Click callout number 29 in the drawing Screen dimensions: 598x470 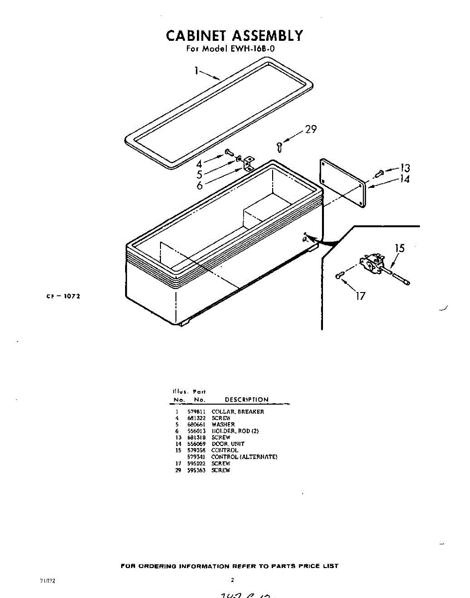tap(311, 130)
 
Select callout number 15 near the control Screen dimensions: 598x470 tap(400, 248)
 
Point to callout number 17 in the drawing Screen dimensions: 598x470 tap(360, 296)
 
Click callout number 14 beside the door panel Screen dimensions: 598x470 tap(405, 179)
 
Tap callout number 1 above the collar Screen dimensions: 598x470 tap(197, 71)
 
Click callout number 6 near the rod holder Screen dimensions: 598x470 tap(199, 185)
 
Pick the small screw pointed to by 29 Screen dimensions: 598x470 tap(280, 146)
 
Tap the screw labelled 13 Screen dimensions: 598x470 tap(380, 173)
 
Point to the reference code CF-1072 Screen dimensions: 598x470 tap(63, 296)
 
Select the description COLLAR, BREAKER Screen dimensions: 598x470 tap(238, 412)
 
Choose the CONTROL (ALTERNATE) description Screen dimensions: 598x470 tap(244, 457)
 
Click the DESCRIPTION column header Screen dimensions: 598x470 tap(246, 400)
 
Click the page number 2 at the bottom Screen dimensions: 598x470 tap(232, 580)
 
